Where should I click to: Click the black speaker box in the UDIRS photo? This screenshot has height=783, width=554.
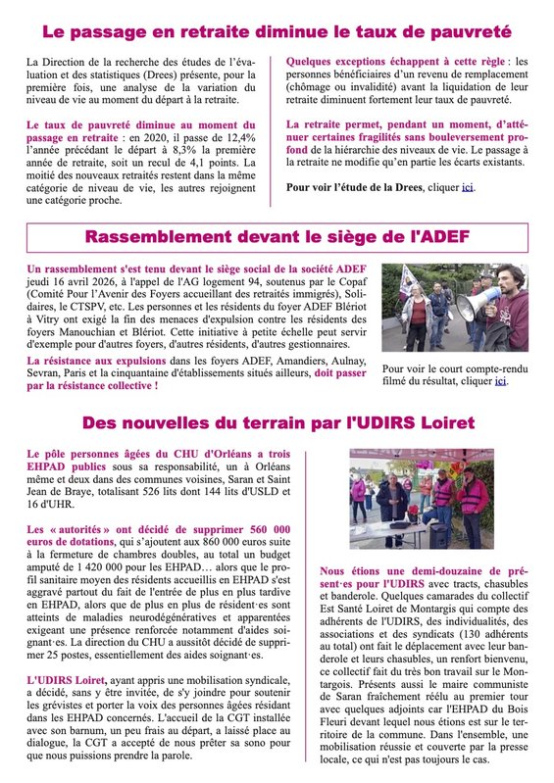click(436, 535)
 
